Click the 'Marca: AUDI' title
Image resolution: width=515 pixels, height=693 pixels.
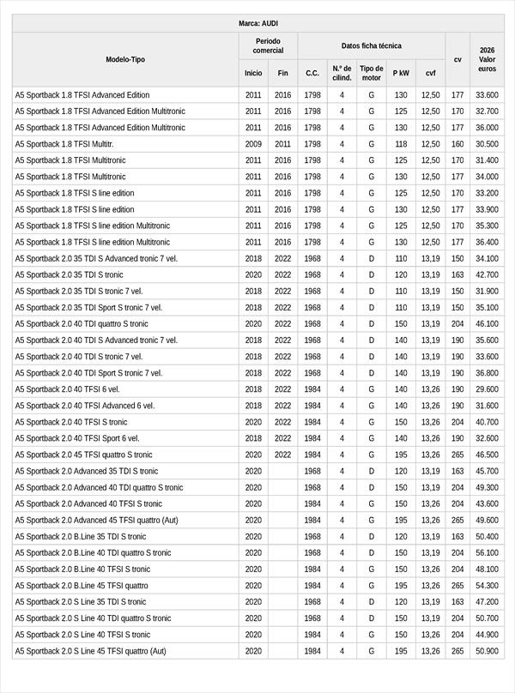click(x=257, y=23)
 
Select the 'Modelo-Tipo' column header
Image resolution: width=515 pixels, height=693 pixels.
click(x=125, y=59)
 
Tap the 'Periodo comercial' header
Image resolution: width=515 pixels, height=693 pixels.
click(x=268, y=45)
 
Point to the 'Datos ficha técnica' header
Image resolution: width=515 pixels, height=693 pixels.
click(x=371, y=45)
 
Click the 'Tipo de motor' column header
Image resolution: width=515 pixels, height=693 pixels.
click(x=372, y=73)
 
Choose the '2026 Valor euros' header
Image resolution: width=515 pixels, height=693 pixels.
click(x=488, y=59)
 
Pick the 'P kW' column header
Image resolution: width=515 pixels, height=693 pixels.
click(x=401, y=73)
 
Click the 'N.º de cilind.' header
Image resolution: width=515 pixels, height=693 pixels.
click(x=342, y=73)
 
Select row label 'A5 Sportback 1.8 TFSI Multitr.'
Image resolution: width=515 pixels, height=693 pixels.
click(x=64, y=144)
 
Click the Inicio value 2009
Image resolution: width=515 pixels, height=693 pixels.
click(x=253, y=144)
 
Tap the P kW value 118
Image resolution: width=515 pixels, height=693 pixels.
click(x=401, y=144)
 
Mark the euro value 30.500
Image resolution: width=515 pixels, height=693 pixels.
click(x=487, y=144)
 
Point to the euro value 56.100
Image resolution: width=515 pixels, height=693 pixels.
click(x=487, y=553)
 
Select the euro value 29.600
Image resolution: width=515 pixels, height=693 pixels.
click(x=487, y=389)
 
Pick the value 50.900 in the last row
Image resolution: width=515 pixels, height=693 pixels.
click(x=487, y=651)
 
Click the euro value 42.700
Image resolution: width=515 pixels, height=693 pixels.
click(x=487, y=275)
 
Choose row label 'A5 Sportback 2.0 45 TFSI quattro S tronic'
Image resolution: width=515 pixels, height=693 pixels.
click(x=84, y=455)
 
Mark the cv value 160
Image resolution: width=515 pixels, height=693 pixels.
click(x=457, y=144)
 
